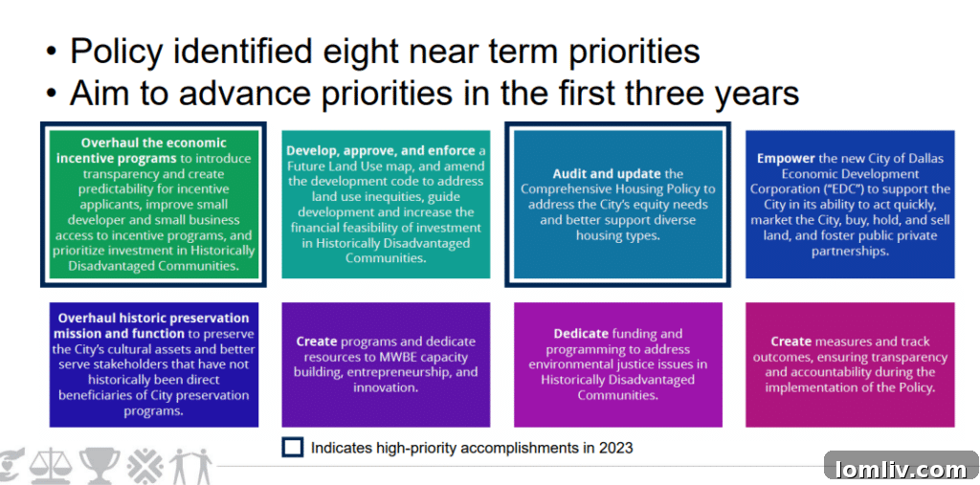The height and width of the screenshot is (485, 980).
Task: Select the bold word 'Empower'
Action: coord(783,158)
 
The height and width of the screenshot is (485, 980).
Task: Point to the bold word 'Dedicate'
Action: coord(581,334)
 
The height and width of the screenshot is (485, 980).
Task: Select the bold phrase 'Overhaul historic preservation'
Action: coord(153,319)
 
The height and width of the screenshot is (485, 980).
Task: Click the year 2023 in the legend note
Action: coord(615,448)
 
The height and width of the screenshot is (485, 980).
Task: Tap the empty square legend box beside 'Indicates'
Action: coord(293,448)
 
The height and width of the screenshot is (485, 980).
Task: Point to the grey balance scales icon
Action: coord(57,466)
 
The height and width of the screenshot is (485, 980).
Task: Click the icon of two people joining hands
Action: coord(191,466)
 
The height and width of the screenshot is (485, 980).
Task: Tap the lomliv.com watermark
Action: coord(900,469)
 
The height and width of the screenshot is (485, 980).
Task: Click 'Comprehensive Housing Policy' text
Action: coord(618,188)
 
